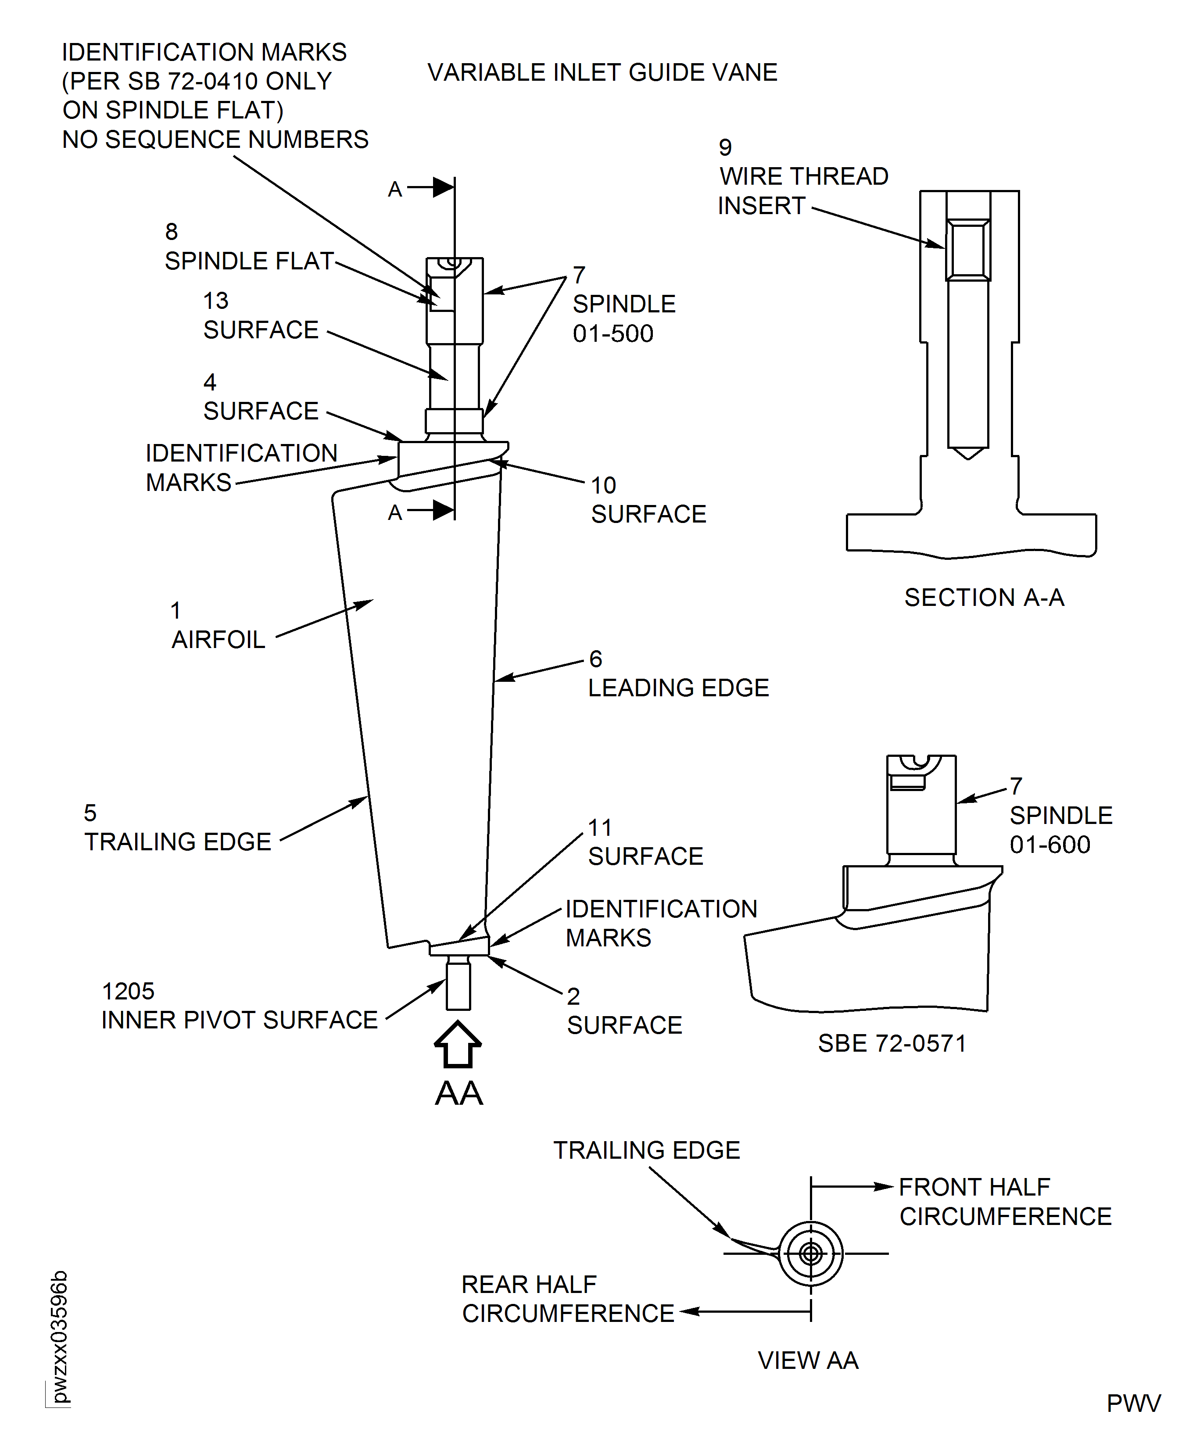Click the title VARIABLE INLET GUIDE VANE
(602, 72)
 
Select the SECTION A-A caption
(983, 597)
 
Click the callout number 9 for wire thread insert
(725, 147)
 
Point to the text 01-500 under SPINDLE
(613, 333)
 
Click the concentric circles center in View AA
(810, 1253)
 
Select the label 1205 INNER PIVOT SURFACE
(238, 1006)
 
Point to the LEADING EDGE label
(678, 688)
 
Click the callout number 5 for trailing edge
(90, 812)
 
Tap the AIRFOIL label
(218, 639)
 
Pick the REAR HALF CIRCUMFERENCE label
(567, 1299)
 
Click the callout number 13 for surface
(216, 300)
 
